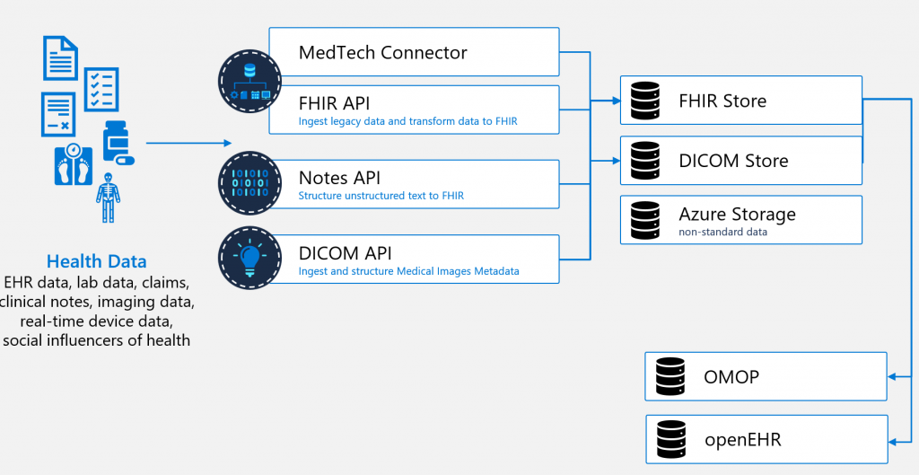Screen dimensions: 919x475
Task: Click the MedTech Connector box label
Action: [x=382, y=52]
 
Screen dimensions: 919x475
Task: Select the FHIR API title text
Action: [x=334, y=103]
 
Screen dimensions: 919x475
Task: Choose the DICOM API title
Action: [x=346, y=252]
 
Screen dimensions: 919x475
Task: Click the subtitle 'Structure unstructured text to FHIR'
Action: [x=381, y=196]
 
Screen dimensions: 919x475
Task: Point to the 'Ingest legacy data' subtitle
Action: [x=408, y=121]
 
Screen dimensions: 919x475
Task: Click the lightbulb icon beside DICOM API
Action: [x=249, y=259]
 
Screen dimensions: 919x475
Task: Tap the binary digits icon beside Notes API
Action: [x=249, y=183]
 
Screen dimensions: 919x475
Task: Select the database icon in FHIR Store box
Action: [x=645, y=101]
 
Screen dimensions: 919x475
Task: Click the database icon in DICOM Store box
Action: [x=645, y=160]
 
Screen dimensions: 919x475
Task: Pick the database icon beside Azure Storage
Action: [x=645, y=220]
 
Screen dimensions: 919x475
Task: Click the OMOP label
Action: [x=731, y=376]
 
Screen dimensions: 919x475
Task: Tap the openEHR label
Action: [x=742, y=439]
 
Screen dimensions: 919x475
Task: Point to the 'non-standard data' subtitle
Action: [x=722, y=232]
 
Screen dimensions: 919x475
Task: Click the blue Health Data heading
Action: [x=97, y=261]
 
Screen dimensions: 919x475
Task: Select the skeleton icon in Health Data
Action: [x=108, y=198]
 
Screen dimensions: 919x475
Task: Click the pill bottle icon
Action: [x=118, y=143]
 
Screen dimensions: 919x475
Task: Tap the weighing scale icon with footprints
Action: [x=74, y=165]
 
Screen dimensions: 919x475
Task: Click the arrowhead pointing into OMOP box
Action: [x=892, y=377]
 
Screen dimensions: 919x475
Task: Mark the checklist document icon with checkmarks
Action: [x=101, y=90]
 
